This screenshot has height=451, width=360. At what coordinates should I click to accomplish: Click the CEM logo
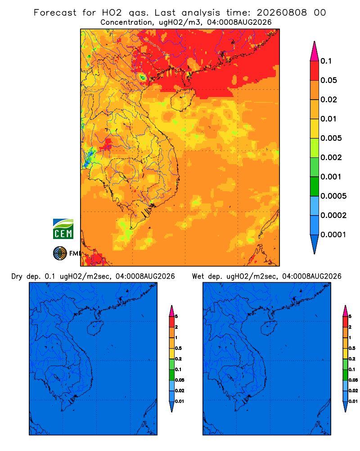pyautogui.click(x=63, y=229)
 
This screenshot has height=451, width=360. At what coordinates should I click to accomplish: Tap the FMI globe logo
pyautogui.click(x=60, y=253)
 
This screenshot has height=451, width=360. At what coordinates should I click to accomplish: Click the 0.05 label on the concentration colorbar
pyautogui.click(x=328, y=80)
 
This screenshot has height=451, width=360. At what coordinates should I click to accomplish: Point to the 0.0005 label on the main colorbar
pyautogui.click(x=333, y=196)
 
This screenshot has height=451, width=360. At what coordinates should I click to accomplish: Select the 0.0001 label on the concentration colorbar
pyautogui.click(x=333, y=235)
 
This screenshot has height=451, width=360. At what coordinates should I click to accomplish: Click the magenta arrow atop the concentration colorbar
pyautogui.click(x=315, y=51)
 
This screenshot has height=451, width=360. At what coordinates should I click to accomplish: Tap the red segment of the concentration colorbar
pyautogui.click(x=315, y=70)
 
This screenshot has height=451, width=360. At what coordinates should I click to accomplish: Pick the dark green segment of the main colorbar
pyautogui.click(x=315, y=186)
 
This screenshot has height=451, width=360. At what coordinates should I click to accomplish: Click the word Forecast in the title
pyautogui.click(x=55, y=13)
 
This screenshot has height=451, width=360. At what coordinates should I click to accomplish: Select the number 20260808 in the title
pyautogui.click(x=282, y=13)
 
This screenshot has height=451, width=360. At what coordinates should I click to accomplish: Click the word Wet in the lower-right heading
pyautogui.click(x=198, y=276)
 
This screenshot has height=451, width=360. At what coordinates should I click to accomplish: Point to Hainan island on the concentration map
pyautogui.click(x=183, y=100)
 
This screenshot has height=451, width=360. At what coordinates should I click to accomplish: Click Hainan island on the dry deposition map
pyautogui.click(x=95, y=328)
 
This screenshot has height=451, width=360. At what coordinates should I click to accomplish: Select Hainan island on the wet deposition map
pyautogui.click(x=269, y=328)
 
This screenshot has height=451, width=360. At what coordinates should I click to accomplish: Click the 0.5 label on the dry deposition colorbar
pyautogui.click(x=178, y=348)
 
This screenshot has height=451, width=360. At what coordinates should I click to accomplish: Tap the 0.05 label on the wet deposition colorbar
pyautogui.click(x=353, y=380)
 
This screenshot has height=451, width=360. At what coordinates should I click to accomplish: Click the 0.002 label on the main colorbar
pyautogui.click(x=331, y=157)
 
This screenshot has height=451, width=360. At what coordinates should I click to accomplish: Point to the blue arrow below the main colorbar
pyautogui.click(x=315, y=244)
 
